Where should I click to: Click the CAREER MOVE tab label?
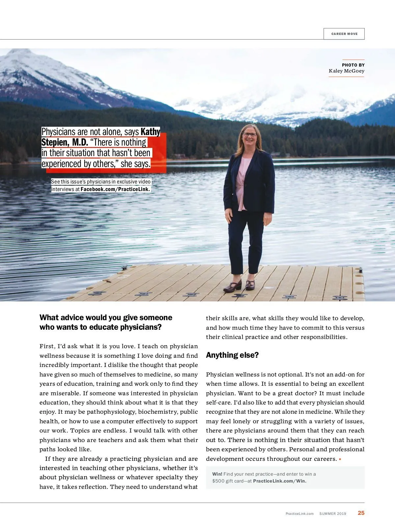tap(344, 34)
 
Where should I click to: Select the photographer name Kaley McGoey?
tap(346, 71)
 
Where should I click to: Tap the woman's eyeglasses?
tap(250, 134)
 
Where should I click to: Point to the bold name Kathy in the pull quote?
tap(150, 132)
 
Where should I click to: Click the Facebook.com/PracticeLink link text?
tap(115, 189)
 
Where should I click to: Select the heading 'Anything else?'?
tap(232, 355)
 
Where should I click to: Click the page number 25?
tap(361, 513)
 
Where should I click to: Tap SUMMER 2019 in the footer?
tap(332, 514)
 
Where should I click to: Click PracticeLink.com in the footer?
tap(300, 514)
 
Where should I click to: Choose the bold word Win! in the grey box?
tap(217, 474)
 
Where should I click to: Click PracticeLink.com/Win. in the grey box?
tap(279, 481)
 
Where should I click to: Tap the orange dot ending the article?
tap(340, 459)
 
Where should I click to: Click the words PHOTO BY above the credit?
tap(353, 65)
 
